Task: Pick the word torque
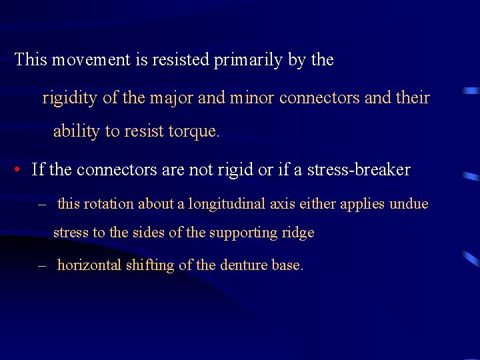tap(195, 131)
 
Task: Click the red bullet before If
tap(17, 170)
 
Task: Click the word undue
tap(408, 204)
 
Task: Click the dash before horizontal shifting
tap(43, 265)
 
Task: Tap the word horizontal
tap(89, 265)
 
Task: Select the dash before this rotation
tap(43, 204)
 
